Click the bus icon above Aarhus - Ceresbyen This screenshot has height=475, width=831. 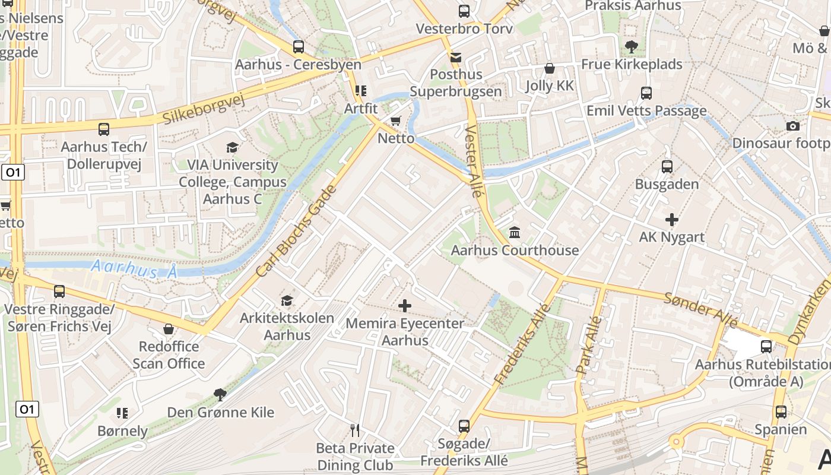pos(299,47)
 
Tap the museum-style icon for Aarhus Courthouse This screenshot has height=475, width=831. pos(515,233)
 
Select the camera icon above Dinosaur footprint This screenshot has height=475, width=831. pos(792,126)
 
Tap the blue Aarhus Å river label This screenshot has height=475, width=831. pos(134,270)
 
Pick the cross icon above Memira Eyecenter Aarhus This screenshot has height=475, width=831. pos(405,306)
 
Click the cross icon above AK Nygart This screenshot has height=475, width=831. pos(671,220)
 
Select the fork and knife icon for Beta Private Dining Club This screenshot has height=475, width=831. pos(355,430)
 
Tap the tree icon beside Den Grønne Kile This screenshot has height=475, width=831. pos(220,394)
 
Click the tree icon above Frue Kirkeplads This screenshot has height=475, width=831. pos(631,46)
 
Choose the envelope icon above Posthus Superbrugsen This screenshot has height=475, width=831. pos(455,57)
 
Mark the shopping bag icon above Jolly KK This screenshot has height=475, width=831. pos(550,68)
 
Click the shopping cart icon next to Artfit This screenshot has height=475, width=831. pos(396,121)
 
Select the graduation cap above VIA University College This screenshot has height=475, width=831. pos(232,147)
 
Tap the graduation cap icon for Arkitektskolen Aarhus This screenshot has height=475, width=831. pos(287,300)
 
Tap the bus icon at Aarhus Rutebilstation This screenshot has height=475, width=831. pos(766,346)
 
